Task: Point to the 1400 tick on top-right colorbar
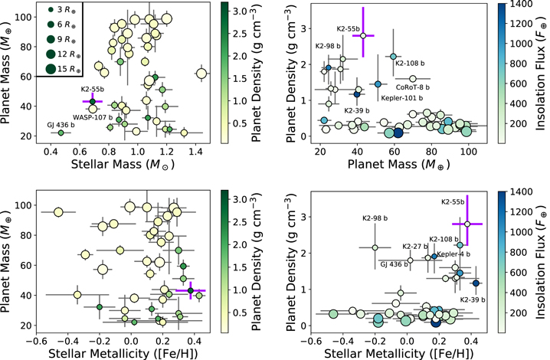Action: coord(514,5)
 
